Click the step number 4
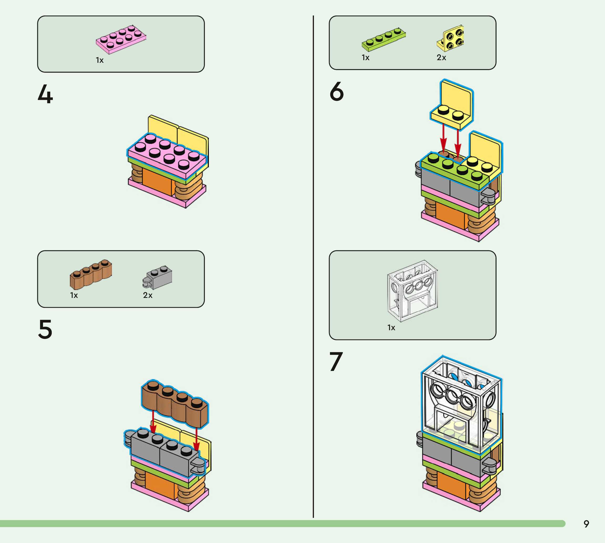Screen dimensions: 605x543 click(x=45, y=94)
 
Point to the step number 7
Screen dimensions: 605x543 click(x=336, y=361)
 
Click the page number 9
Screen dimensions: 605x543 click(x=586, y=524)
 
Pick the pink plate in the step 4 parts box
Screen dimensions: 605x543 click(x=121, y=39)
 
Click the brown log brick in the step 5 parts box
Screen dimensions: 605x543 click(x=91, y=274)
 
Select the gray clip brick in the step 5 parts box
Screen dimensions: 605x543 click(x=158, y=277)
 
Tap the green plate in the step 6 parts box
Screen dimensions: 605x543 click(x=384, y=39)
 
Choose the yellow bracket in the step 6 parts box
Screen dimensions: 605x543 click(x=451, y=38)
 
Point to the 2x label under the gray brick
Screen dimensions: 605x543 click(x=148, y=295)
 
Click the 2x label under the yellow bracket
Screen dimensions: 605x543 click(x=441, y=58)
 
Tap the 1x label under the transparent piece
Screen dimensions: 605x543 click(x=391, y=328)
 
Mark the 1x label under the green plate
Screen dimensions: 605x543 click(x=365, y=58)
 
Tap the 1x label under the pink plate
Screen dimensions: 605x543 click(x=100, y=60)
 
